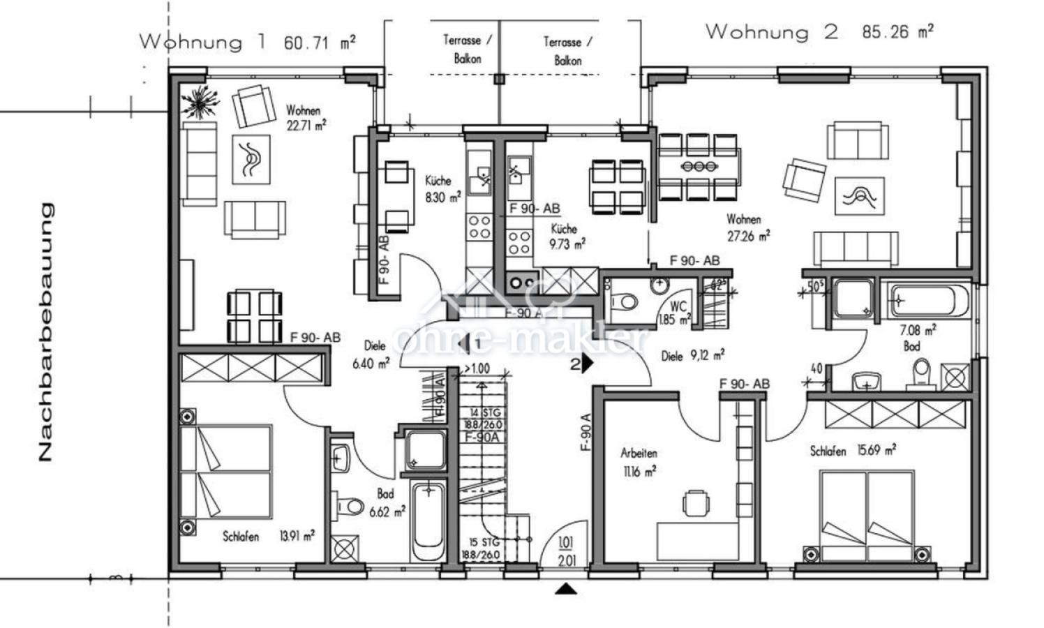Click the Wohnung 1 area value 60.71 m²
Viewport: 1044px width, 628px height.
320,43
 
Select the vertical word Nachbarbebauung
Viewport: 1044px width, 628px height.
45,331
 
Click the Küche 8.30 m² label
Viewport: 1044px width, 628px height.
442,189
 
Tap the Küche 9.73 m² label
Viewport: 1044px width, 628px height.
566,236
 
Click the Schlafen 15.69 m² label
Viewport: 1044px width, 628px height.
853,451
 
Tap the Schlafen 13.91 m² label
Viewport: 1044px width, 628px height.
268,536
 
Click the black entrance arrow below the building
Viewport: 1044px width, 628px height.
566,590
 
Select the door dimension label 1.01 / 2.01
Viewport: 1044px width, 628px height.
566,551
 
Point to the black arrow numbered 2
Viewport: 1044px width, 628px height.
585,363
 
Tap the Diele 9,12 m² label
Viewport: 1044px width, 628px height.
692,356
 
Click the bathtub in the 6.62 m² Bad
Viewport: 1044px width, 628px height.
426,520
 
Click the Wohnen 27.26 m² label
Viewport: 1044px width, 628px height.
747,228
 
